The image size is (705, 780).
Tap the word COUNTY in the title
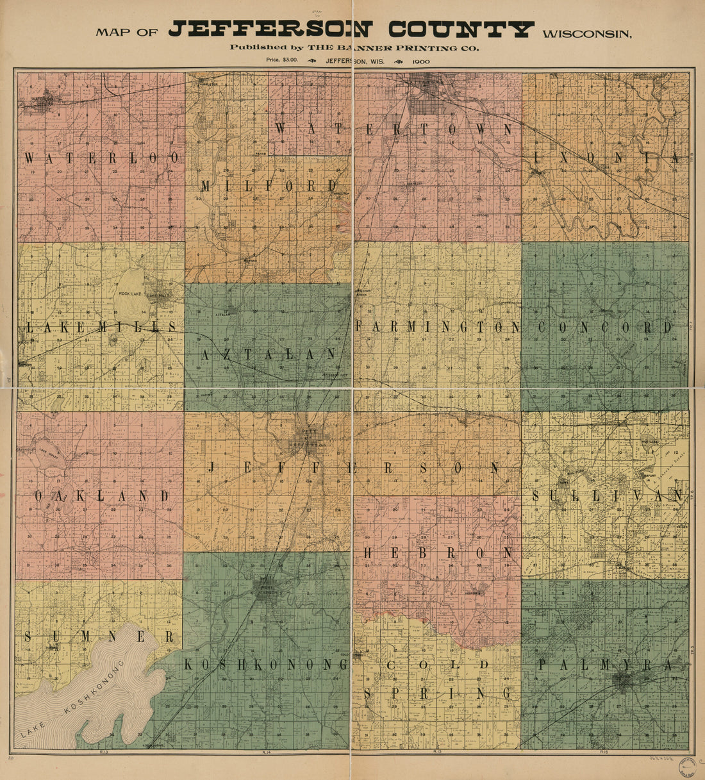(x=461, y=29)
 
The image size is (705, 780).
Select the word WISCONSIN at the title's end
(x=586, y=33)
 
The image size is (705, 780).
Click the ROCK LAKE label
(x=133, y=294)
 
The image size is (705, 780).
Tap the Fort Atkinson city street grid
(x=269, y=588)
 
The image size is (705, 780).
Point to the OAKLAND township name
(x=101, y=496)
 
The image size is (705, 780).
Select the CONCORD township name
(x=604, y=328)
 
